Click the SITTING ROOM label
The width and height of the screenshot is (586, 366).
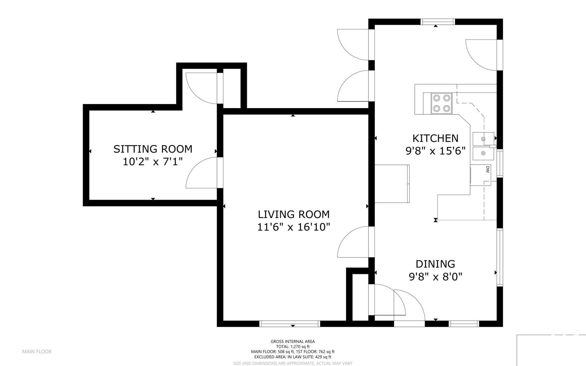coord(153,149)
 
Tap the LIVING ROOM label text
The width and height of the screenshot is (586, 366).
coord(294,214)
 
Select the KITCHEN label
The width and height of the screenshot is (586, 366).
coord(435,138)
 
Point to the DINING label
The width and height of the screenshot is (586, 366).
coord(435,264)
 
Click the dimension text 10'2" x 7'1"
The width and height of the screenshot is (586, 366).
coord(153,161)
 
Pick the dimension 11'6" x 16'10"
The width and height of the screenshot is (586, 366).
coord(294,227)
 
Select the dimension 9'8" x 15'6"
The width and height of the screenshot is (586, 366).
coord(435,151)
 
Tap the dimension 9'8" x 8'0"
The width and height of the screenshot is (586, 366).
coord(435,277)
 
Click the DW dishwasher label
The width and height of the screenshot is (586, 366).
coord(487,169)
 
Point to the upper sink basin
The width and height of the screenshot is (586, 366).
coord(483,139)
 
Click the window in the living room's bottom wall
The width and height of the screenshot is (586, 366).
coord(290,324)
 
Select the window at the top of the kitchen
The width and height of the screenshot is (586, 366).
coord(438,22)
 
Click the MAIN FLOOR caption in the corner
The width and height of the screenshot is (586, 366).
coord(37,351)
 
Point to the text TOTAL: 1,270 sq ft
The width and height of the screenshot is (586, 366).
coord(293,346)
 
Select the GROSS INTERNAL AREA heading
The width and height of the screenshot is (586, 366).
coord(293,342)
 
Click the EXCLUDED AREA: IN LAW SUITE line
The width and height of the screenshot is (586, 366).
coord(293,357)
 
